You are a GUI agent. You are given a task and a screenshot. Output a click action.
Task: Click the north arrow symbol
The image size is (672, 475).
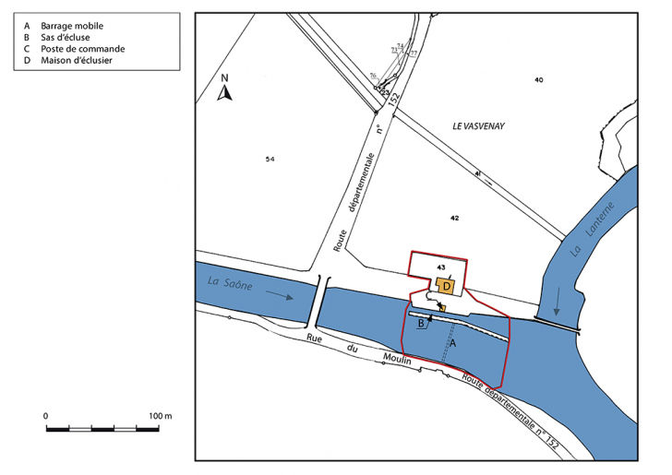[222, 89]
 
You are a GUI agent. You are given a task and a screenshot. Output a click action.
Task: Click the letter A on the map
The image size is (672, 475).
[451, 342]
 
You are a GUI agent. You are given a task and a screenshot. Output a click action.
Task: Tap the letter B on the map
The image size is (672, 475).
[421, 324]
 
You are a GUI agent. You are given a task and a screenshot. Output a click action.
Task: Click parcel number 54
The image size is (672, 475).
[270, 160]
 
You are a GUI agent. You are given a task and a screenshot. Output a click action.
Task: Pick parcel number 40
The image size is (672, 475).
[539, 80]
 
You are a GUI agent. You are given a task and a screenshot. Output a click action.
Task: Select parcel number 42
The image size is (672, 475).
[454, 218]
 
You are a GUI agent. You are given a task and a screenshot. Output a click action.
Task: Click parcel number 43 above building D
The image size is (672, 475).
[441, 267]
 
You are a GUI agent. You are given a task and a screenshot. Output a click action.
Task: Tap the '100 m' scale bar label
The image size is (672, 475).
[161, 416]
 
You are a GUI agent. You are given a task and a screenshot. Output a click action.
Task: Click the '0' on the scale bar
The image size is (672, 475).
[46, 416]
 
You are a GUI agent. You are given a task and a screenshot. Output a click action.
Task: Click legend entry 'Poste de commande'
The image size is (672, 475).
[82, 49]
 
